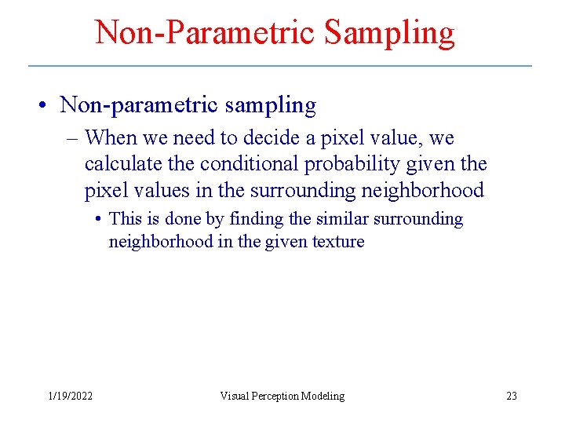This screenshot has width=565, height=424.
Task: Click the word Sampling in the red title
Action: click(x=389, y=33)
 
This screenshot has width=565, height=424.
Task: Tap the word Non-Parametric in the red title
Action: click(x=205, y=33)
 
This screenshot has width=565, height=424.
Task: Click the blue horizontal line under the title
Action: click(x=280, y=65)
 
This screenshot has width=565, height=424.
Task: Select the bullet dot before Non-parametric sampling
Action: click(x=46, y=105)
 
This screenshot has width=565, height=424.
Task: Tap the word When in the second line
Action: click(x=110, y=138)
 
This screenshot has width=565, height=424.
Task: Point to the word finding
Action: click(x=255, y=219)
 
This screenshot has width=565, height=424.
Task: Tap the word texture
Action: click(x=338, y=242)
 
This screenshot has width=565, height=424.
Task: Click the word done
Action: click(x=182, y=219)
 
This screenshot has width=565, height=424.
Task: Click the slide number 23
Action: click(x=512, y=396)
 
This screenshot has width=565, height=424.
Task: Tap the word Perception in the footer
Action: click(x=280, y=396)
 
